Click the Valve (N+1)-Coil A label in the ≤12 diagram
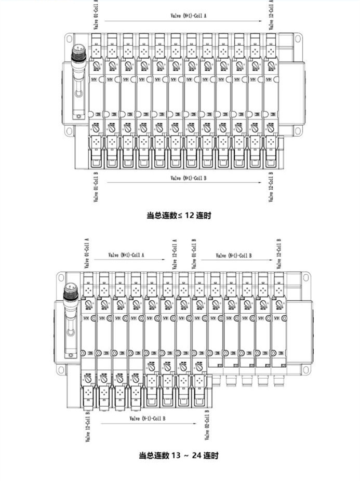pyautogui.click(x=189, y=16)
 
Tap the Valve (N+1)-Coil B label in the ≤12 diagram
pyautogui.click(x=189, y=178)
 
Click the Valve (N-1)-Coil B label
pyautogui.click(x=148, y=418)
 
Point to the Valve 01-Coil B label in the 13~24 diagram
pyautogui.click(x=194, y=254)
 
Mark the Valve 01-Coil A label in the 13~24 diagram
pyautogui.click(x=87, y=254)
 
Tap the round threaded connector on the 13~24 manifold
pyautogui.click(x=69, y=295)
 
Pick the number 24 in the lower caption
pyautogui.click(x=196, y=456)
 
